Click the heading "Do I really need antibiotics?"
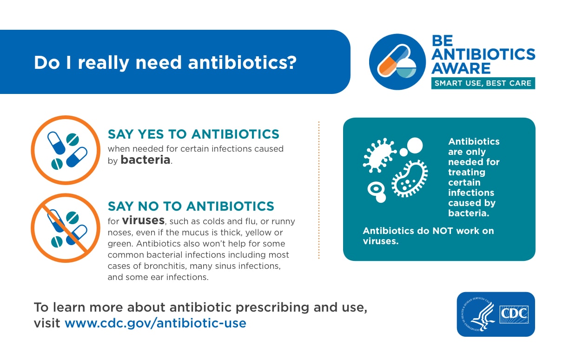pyautogui.click(x=165, y=62)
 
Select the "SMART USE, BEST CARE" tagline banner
pyautogui.click(x=483, y=84)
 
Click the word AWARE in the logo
pyautogui.click(x=461, y=68)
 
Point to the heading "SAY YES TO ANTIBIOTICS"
pyautogui.click(x=193, y=134)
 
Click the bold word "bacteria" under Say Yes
pyautogui.click(x=146, y=160)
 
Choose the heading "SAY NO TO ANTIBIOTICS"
pyautogui.click(x=191, y=206)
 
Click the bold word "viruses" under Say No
pyautogui.click(x=143, y=220)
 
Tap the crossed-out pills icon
pyautogui.click(x=65, y=228)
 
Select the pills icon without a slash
pyautogui.click(x=65, y=150)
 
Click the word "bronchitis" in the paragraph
pyautogui.click(x=157, y=267)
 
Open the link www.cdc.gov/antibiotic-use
pyautogui.click(x=155, y=323)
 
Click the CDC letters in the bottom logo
pyautogui.click(x=514, y=315)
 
